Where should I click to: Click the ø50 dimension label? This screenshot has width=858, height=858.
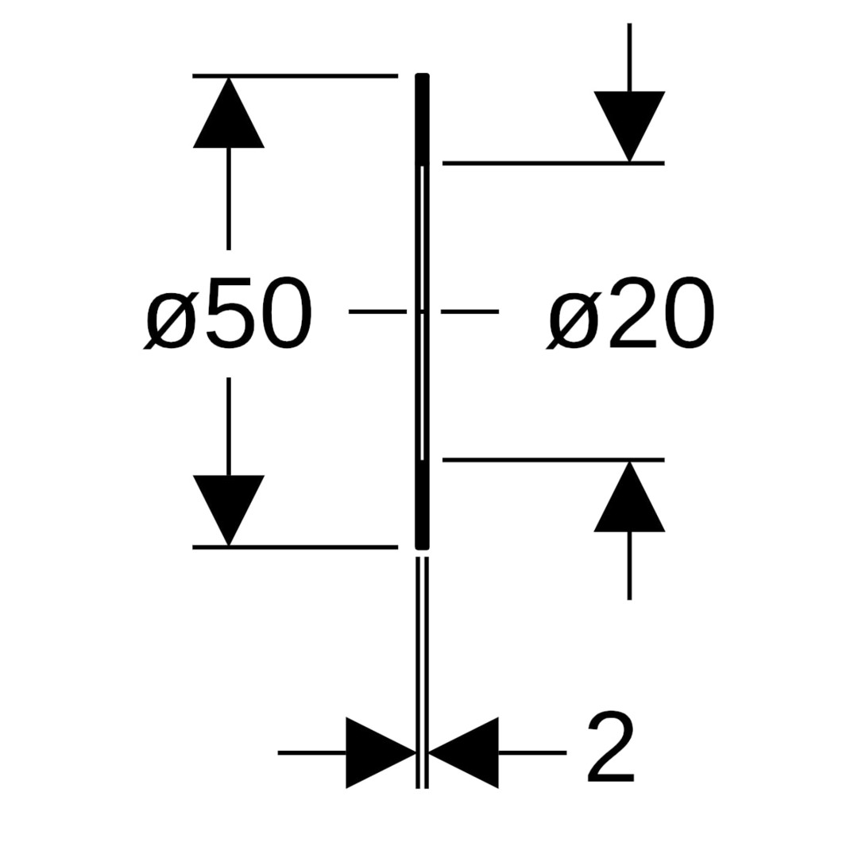pos(228,313)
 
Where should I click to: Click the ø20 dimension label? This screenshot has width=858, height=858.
pos(632,313)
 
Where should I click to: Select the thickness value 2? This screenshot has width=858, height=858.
pos(611,747)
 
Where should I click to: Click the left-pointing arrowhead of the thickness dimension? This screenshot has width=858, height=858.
pos(469,752)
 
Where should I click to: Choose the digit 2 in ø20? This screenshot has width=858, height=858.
pos(633,313)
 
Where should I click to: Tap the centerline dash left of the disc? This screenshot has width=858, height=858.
pos(377,312)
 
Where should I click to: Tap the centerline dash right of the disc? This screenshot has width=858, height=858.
pos(470,312)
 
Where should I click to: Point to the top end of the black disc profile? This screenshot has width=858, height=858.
pos(423,78)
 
